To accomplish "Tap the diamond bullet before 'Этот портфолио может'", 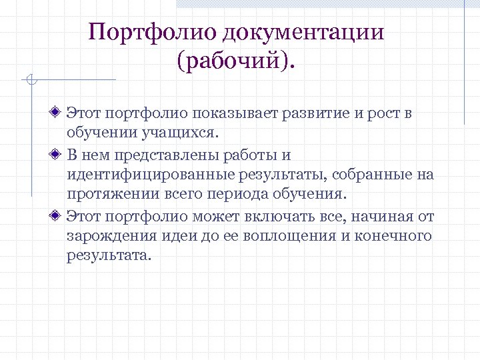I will coord(59,216).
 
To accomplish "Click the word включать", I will coord(289,217).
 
